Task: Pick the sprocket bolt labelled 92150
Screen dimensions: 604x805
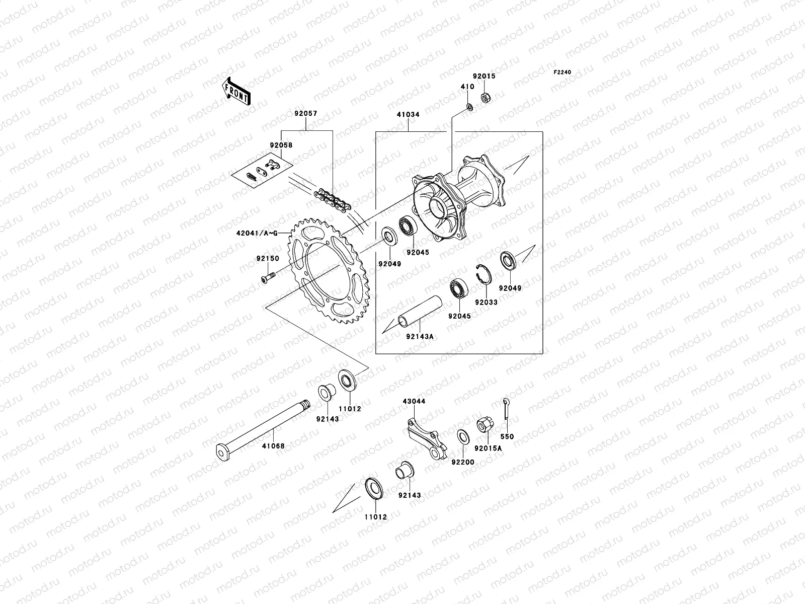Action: [267, 276]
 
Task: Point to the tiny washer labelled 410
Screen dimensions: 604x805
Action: [469, 106]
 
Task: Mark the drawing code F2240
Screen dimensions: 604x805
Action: [562, 72]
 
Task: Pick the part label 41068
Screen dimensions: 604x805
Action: [274, 446]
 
